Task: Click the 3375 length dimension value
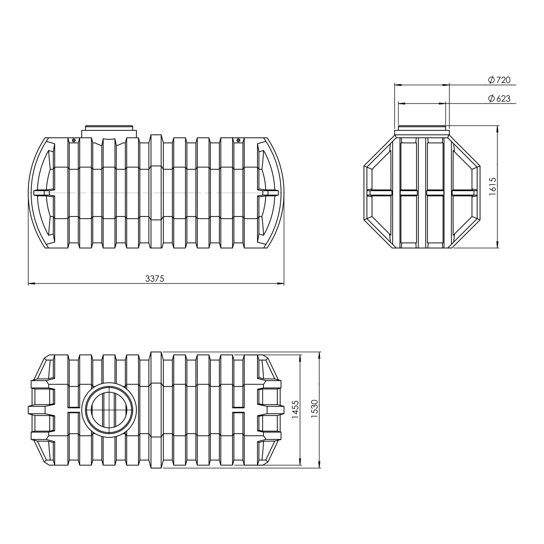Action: [154, 279]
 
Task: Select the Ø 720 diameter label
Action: [499, 80]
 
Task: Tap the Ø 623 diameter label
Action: [499, 99]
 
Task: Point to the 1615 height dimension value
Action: [493, 186]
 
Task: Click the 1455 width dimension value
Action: [295, 409]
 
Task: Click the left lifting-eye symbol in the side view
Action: [74, 140]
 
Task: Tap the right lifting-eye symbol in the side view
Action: [238, 140]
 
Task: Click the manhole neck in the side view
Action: [109, 131]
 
